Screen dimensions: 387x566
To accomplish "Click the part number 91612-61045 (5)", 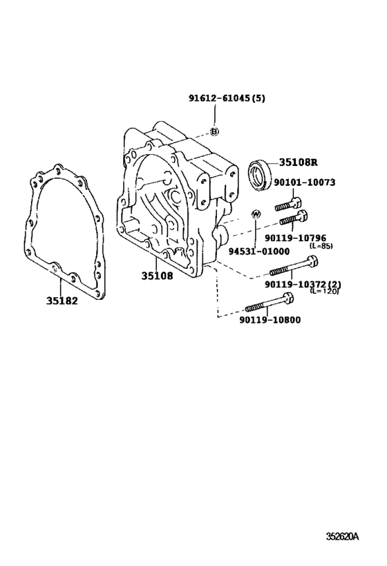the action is tap(227, 98).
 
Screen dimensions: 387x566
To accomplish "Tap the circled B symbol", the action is tap(214, 132).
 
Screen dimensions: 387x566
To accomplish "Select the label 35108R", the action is tap(298, 162).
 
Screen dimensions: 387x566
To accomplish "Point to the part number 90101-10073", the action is tap(304, 182).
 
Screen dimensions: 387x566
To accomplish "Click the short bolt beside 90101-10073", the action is tap(288, 204).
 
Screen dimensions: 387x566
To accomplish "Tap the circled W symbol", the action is tap(256, 214).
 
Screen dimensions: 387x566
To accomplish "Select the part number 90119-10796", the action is tap(295, 238).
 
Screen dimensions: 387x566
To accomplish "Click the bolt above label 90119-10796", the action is tap(293, 217).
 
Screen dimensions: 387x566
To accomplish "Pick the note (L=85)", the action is tap(321, 246).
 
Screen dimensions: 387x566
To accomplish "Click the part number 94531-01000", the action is tap(259, 252).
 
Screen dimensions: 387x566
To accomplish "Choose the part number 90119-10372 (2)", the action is tap(303, 285).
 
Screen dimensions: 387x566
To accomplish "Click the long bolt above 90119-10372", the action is tap(294, 265).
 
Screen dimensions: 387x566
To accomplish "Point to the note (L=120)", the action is tap(325, 291).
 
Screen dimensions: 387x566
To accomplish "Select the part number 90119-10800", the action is tap(270, 320).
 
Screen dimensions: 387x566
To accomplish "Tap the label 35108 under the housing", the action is tap(157, 276).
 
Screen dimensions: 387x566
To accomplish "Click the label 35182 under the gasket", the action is tap(62, 301).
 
